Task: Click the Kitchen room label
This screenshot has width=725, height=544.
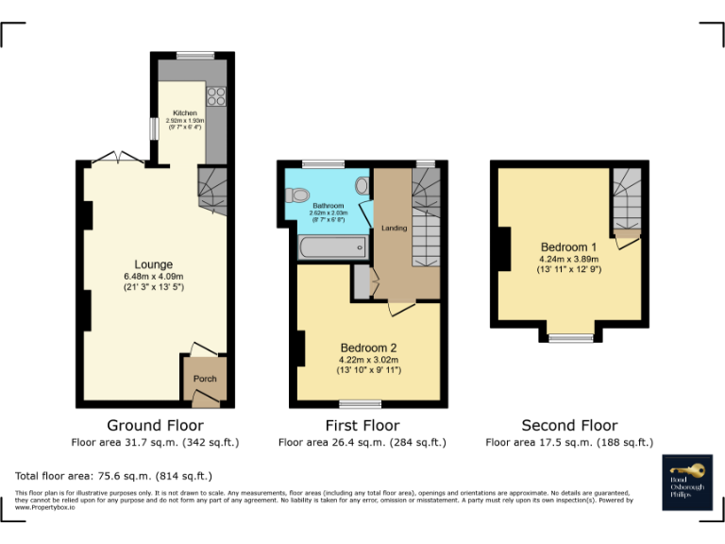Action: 184,113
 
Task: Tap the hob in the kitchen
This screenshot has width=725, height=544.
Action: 215,94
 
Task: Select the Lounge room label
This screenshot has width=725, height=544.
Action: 153,264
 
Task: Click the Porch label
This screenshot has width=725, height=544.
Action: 205,379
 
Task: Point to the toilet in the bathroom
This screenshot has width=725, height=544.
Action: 299,195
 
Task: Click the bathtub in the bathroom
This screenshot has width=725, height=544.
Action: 331,248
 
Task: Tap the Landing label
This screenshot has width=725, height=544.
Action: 394,229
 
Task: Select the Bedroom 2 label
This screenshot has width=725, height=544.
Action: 369,348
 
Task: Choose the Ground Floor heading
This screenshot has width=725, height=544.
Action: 155,426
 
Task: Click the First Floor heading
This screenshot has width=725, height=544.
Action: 362,426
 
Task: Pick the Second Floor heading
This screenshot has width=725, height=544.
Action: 569,426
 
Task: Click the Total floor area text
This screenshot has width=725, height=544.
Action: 114,476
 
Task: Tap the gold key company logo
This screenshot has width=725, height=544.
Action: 686,469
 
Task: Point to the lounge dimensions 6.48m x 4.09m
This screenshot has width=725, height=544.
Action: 153,276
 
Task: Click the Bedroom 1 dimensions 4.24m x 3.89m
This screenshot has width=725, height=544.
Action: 569,258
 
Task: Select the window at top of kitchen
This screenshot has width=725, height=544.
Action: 195,55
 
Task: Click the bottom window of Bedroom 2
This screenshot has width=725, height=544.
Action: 366,403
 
